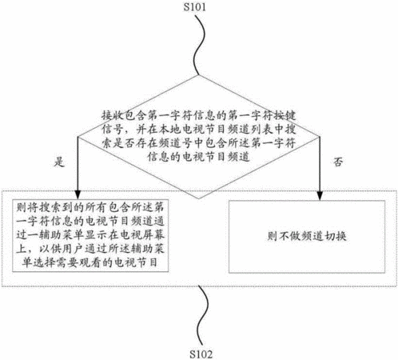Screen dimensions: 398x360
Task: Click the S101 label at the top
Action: coord(195,7)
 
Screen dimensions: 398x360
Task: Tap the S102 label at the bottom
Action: coord(201,354)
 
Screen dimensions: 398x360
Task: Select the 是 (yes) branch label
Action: coord(59,162)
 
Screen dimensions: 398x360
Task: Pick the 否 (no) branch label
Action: coord(338,162)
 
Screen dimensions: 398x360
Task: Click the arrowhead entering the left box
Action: coord(78,195)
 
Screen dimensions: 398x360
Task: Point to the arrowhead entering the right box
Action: coord(320,195)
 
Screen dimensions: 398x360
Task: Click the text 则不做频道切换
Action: coord(307,236)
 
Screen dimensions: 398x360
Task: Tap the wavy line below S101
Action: coord(201,45)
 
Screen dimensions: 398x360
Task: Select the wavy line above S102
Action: coord(203,317)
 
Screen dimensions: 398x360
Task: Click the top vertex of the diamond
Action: coord(198,75)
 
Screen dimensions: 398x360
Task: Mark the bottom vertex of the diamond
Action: coord(199,198)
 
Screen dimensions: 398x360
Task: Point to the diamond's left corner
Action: coord(78,137)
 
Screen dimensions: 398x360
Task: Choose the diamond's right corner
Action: coord(320,137)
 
